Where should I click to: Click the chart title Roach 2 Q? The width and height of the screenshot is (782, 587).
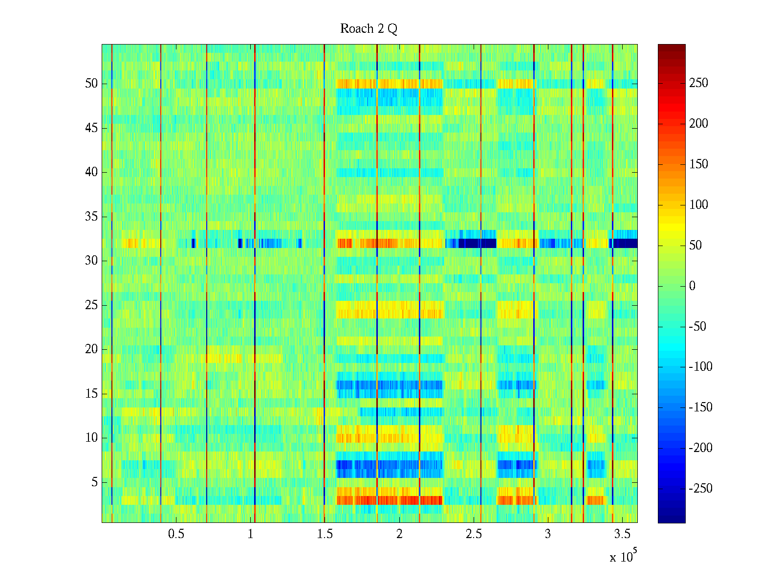coord(369,29)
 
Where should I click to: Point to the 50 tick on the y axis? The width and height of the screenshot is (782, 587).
coord(91,84)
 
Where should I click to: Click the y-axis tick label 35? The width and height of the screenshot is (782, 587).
coord(91,217)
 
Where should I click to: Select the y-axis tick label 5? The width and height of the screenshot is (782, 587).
coord(94,482)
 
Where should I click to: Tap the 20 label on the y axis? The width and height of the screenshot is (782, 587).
coord(91,349)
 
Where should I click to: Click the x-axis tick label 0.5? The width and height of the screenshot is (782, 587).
coord(176,534)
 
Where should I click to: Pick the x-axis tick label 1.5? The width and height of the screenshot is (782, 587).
coord(325,534)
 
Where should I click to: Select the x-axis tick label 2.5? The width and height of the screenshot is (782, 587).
coord(474,534)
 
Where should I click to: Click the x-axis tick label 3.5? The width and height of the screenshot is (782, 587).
coord(622,534)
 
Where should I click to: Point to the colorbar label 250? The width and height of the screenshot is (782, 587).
coord(698,83)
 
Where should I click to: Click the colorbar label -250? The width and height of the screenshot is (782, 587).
coord(700,489)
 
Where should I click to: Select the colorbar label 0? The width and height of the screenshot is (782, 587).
coord(692,286)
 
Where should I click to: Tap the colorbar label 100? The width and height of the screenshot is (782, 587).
coord(698,205)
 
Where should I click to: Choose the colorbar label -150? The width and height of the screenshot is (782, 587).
coord(700,407)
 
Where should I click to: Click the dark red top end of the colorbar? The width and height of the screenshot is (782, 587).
coord(672,46)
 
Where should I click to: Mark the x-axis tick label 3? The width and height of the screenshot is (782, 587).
coord(548,534)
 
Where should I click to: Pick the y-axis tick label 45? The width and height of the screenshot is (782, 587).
coord(91,128)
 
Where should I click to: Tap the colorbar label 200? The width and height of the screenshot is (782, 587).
coord(698,124)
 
